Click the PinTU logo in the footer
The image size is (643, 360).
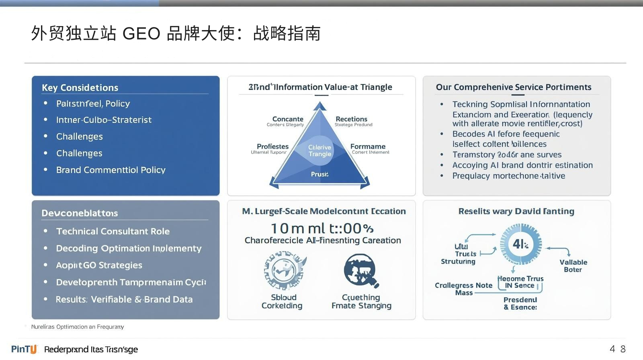[x=24, y=349]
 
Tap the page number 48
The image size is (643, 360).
[x=618, y=349]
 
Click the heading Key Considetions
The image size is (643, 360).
[x=80, y=88]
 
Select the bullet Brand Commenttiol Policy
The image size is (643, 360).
[x=111, y=170]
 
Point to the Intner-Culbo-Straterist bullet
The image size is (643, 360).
[x=104, y=120]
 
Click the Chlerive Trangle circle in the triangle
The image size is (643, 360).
[x=319, y=151]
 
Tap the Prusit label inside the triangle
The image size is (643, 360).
[x=319, y=174]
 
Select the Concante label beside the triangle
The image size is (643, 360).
[x=287, y=119]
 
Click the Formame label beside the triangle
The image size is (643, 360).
[x=368, y=147]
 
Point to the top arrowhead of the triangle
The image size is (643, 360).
[x=319, y=105]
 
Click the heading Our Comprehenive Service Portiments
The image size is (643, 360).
[x=514, y=87]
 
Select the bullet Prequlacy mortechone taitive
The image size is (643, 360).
[x=508, y=176]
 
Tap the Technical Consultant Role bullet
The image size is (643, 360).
[x=113, y=231]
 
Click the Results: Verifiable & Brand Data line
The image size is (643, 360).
[x=124, y=299]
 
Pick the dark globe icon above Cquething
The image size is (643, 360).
[x=360, y=270]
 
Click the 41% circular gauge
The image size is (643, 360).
[x=520, y=244]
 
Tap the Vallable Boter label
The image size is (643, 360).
[x=573, y=266]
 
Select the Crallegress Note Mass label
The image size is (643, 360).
[x=463, y=289]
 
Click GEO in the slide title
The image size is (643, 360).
[x=141, y=33]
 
